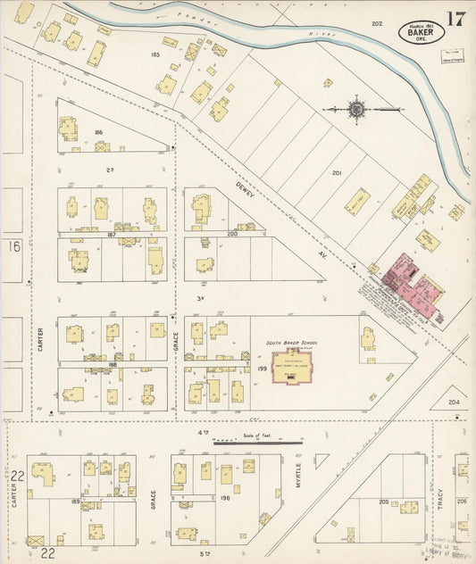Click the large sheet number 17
455,20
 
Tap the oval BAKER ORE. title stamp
421,32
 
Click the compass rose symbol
356,110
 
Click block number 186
98,132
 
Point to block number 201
337,173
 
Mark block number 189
76,502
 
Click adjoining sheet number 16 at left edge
14,245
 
